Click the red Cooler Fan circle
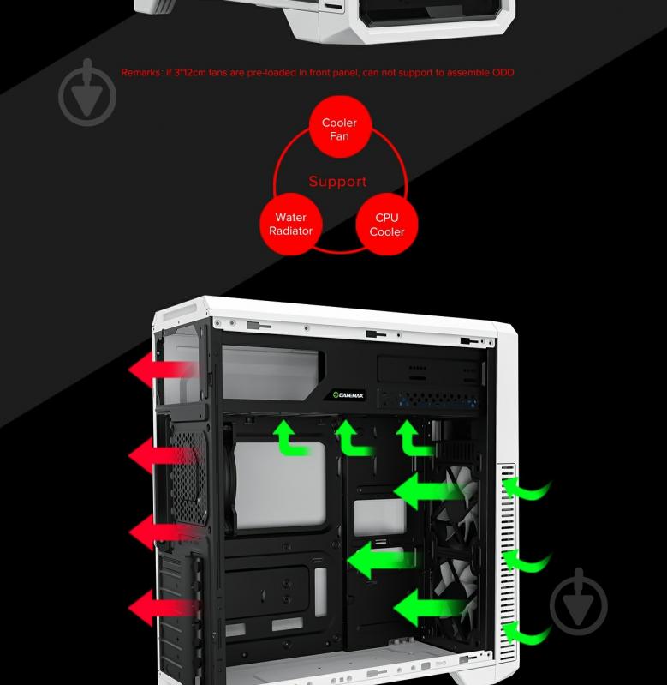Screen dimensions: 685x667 point(339,129)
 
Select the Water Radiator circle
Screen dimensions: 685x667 point(290,225)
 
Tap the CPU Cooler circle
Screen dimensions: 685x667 point(386,225)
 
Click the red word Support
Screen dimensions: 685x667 point(337,182)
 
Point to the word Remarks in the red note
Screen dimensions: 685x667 point(140,73)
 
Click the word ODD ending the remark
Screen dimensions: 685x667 point(503,73)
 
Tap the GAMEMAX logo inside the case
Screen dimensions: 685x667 point(348,395)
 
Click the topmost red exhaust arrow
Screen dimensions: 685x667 point(162,370)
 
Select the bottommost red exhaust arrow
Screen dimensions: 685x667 point(162,608)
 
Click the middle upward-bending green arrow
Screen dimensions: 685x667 point(351,437)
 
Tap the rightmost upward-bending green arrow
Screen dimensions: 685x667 point(413,437)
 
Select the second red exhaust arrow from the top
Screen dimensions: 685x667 point(162,456)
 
